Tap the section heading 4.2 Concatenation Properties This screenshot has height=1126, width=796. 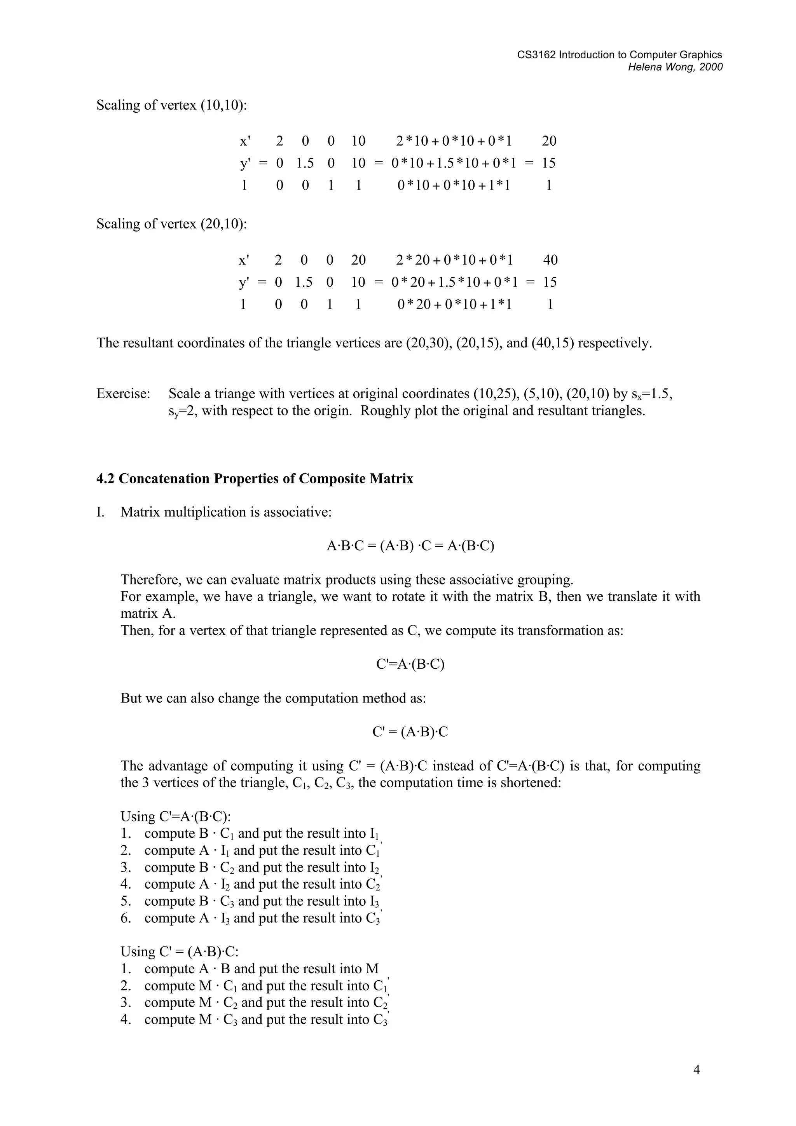click(255, 479)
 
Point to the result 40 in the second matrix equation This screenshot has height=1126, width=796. click(550, 260)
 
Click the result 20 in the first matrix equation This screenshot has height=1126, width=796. click(549, 141)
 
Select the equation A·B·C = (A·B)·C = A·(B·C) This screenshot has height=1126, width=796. click(410, 546)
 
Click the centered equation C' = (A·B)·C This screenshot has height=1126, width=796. click(410, 732)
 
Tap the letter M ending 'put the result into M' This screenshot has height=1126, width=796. click(372, 969)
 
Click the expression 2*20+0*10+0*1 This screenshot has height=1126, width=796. click(454, 260)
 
